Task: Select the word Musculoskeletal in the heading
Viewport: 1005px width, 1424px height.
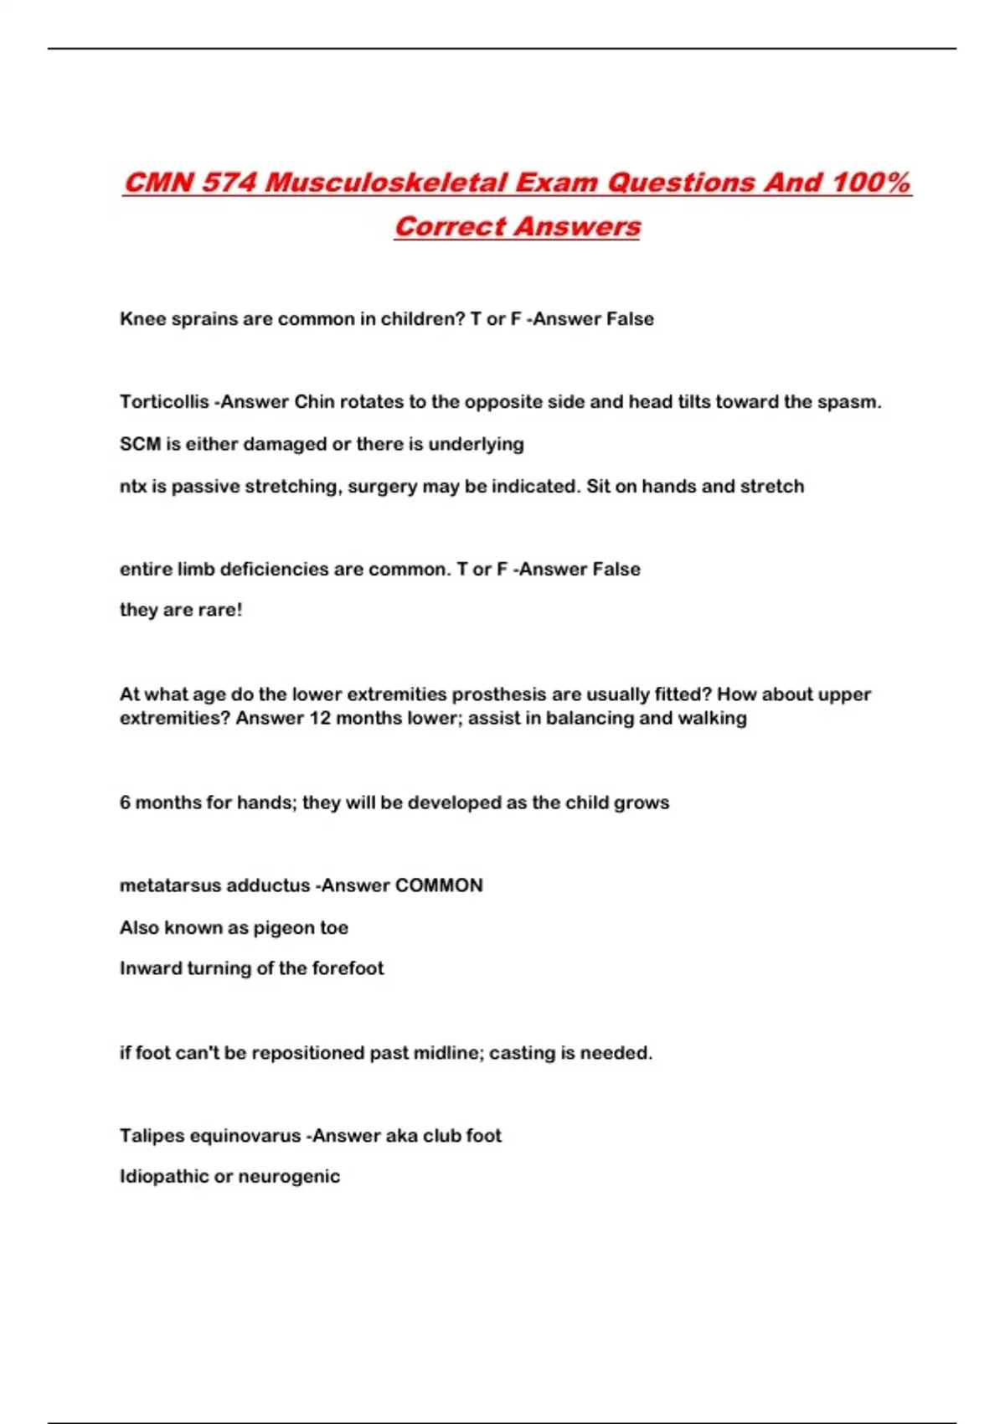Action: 385,183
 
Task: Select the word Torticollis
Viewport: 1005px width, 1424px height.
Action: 164,402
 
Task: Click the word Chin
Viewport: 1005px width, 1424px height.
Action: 314,402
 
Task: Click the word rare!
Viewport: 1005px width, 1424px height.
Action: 220,610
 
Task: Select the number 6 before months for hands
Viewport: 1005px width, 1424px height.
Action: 125,802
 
